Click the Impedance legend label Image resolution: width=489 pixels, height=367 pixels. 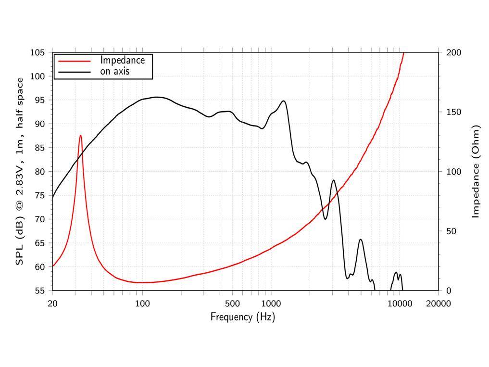[x=122, y=61]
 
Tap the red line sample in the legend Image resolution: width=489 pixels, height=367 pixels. [x=74, y=61]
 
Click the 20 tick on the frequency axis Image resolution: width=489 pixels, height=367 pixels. [x=52, y=304]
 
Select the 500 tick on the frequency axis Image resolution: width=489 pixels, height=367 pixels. [x=232, y=304]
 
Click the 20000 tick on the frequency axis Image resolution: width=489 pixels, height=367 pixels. [x=439, y=304]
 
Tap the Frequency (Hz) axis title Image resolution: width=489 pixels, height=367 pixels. [x=242, y=317]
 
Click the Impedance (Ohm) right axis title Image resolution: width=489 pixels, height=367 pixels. [x=476, y=171]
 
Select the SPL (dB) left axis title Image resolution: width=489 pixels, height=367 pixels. [x=20, y=171]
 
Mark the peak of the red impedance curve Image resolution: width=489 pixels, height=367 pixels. [x=80, y=135]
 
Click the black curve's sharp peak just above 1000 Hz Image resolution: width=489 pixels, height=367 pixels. [x=284, y=101]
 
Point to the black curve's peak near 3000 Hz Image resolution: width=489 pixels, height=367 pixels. [x=334, y=180]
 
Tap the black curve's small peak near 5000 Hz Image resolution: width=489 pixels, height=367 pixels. [x=361, y=240]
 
